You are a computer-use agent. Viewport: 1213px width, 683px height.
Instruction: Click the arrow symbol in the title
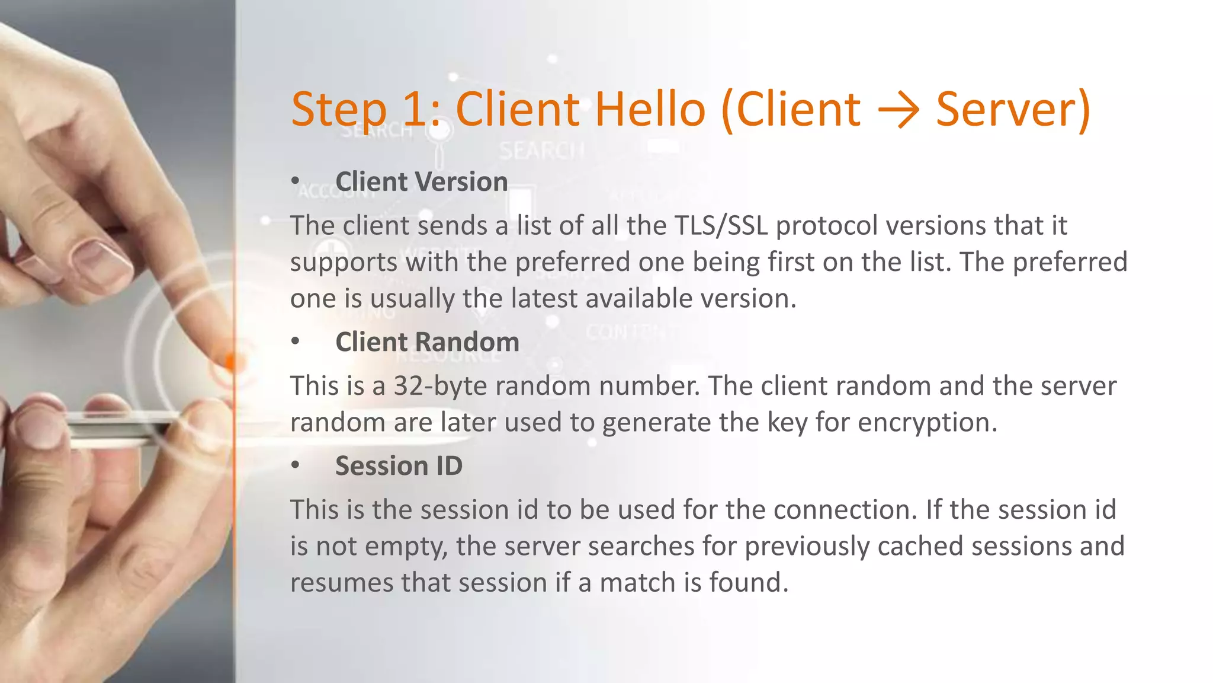click(x=898, y=110)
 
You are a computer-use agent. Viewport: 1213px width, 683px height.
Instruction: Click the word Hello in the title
click(x=650, y=110)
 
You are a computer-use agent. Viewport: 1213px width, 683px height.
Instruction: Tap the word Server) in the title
click(x=1013, y=110)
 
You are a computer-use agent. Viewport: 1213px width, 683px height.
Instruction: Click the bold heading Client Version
click(x=421, y=181)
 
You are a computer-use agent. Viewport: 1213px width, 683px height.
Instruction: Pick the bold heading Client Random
click(x=427, y=342)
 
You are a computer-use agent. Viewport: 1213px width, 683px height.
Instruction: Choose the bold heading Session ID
click(x=399, y=466)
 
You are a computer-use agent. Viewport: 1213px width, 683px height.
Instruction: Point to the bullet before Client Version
click(x=295, y=181)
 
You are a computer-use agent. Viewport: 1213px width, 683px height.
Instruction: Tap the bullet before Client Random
click(x=295, y=341)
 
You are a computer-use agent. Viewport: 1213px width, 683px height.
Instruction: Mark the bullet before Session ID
click(x=295, y=465)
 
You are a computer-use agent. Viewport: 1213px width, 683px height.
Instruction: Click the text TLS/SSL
click(x=721, y=226)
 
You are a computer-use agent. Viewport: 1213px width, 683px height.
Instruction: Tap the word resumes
click(x=341, y=583)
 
